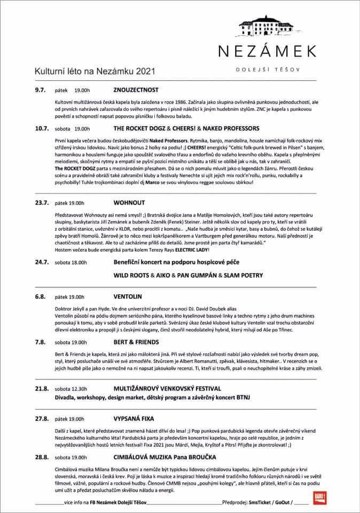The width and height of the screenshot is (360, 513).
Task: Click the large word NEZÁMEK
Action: tap(269, 51)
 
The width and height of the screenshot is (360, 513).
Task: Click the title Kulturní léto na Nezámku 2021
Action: tap(88, 70)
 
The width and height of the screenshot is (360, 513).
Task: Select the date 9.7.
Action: tap(42, 89)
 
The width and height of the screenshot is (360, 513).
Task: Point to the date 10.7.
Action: tap(43, 129)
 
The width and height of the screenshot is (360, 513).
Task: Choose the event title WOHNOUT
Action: tap(129, 203)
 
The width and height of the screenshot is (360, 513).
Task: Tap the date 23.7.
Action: tap(43, 203)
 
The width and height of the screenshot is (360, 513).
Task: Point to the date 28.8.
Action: tap(43, 457)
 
